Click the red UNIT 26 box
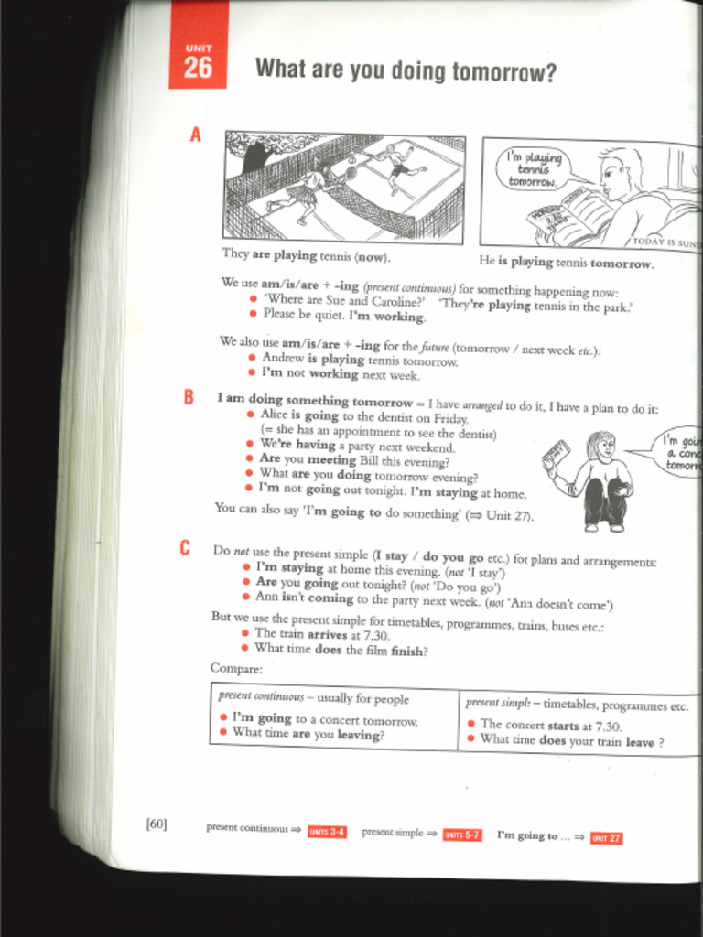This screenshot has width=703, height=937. [197, 57]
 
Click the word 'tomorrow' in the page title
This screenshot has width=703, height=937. [504, 71]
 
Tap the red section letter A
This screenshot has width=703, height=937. [194, 135]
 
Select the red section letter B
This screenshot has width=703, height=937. [189, 397]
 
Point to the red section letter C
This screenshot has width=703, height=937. [185, 548]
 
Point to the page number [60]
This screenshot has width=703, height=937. [156, 824]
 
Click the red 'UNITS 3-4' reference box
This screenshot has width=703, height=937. [327, 832]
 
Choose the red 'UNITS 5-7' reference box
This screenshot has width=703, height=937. [461, 835]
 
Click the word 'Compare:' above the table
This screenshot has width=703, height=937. [235, 668]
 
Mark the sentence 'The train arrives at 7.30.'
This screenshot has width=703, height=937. [321, 634]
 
